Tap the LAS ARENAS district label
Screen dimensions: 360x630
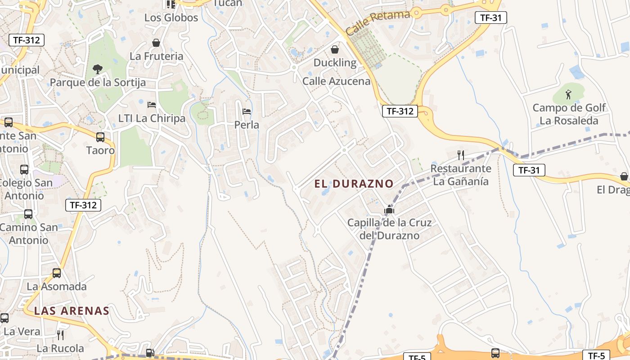tap(72, 311)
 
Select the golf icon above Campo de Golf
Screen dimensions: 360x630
tap(568, 94)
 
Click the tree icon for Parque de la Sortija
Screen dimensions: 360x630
tap(97, 69)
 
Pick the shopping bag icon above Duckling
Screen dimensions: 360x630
tap(335, 49)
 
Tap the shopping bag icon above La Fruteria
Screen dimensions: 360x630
tap(156, 43)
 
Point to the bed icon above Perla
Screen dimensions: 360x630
tap(247, 111)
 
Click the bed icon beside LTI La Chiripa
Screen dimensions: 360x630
tap(152, 105)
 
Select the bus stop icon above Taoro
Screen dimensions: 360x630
tap(100, 137)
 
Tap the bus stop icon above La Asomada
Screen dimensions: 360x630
tap(57, 273)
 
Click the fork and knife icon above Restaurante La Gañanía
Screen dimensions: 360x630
tap(460, 155)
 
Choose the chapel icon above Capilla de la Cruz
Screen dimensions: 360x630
tap(389, 209)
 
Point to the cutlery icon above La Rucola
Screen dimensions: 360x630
tap(60, 335)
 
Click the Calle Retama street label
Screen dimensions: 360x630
tap(378, 23)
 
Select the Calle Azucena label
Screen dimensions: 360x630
tap(336, 81)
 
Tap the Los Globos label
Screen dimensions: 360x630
tap(171, 18)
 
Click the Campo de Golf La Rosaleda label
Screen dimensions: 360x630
tap(569, 114)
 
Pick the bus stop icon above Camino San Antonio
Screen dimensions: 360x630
tap(28, 214)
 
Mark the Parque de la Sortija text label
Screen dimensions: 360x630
tap(98, 83)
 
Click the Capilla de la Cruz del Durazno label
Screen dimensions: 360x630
tap(389, 229)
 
